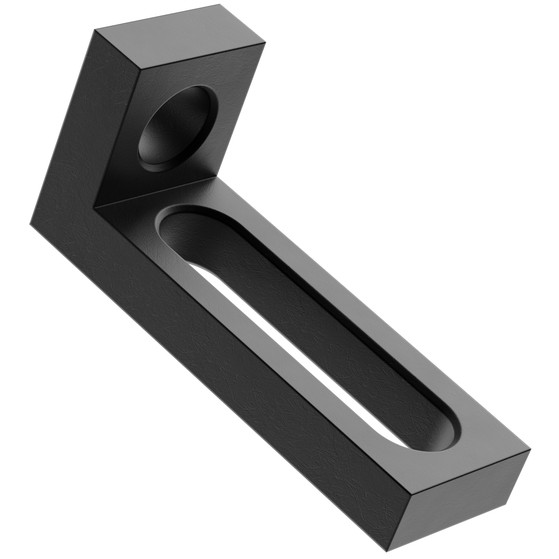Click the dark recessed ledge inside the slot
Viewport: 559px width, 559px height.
click(x=333, y=333)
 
